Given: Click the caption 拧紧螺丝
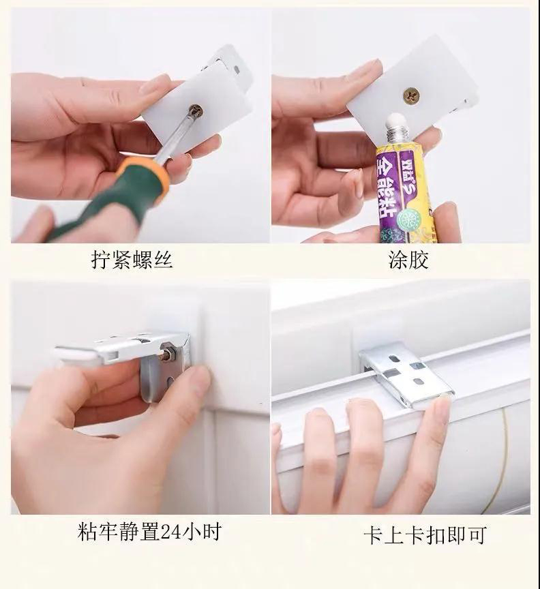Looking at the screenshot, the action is click(x=132, y=260).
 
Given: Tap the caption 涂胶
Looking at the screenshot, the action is click(x=408, y=260).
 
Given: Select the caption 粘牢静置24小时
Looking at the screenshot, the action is click(x=149, y=532).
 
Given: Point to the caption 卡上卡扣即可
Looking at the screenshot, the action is click(x=425, y=535).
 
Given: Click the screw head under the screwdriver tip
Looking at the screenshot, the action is click(x=196, y=110).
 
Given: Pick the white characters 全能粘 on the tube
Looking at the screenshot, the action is click(x=387, y=188).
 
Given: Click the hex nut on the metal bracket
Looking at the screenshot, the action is click(x=167, y=354).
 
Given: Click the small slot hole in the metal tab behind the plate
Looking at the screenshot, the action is click(x=237, y=69).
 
